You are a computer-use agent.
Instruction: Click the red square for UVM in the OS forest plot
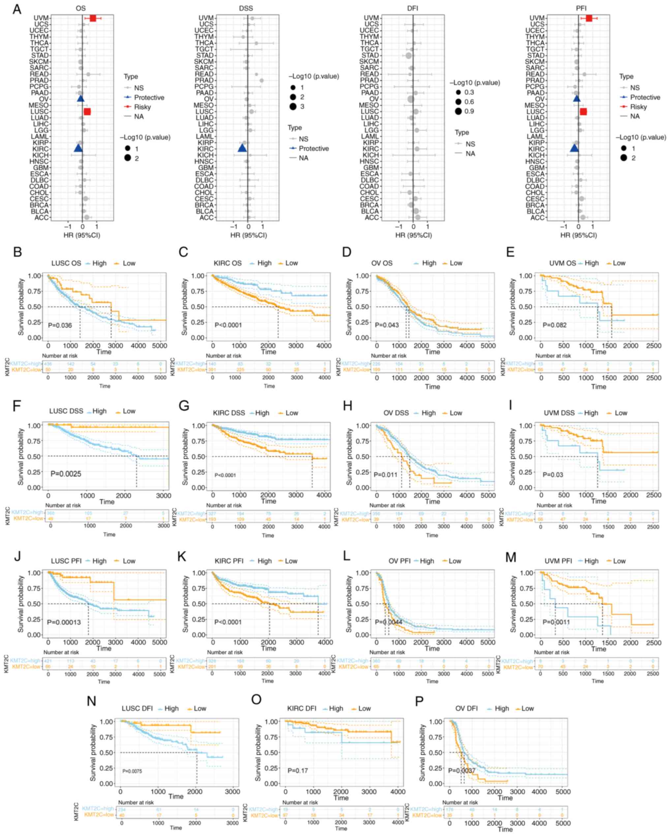tap(93, 18)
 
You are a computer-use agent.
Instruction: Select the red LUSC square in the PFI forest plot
tap(583, 112)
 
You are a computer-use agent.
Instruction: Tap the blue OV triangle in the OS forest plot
tap(80, 99)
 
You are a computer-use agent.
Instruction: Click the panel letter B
tap(17, 252)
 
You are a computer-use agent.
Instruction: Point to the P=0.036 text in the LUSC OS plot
tap(60, 325)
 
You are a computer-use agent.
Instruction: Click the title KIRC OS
tap(228, 263)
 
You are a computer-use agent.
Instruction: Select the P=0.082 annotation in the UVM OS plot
tap(554, 325)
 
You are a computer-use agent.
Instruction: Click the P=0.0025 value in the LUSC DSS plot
tap(66, 474)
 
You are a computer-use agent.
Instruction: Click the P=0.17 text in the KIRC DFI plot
tap(298, 770)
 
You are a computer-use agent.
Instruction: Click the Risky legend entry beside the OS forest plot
tap(142, 107)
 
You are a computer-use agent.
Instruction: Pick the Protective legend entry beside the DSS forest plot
tap(314, 148)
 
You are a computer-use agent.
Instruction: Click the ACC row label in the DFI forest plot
tap(372, 217)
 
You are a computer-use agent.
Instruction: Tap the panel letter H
tap(348, 406)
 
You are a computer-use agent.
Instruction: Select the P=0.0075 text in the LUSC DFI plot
tap(132, 771)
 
